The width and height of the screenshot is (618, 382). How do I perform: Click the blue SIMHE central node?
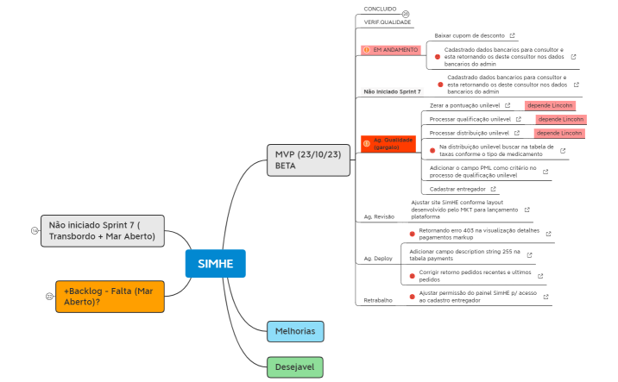point(216,263)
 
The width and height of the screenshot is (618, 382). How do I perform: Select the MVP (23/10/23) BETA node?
point(308,160)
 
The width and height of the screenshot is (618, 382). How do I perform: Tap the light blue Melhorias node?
point(295,330)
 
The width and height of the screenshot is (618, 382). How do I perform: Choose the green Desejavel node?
point(294,366)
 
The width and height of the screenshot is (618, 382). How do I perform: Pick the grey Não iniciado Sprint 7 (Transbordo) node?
point(102,230)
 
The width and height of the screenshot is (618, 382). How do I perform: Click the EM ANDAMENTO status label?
point(391,50)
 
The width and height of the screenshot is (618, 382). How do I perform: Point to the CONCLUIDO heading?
point(380,9)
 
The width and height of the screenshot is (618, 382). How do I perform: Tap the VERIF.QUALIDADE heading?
point(388,22)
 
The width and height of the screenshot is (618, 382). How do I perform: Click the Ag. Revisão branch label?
point(380,216)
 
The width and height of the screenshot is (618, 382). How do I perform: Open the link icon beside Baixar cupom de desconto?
point(513,35)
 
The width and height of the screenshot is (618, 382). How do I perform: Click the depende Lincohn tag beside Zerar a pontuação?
point(551,105)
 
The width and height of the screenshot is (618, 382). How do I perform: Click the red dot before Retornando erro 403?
point(413,233)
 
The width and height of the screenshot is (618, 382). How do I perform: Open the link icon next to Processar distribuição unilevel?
point(517,133)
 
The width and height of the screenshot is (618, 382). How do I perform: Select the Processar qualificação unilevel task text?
point(470,119)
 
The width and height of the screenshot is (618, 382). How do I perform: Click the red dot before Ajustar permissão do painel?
point(413,295)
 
